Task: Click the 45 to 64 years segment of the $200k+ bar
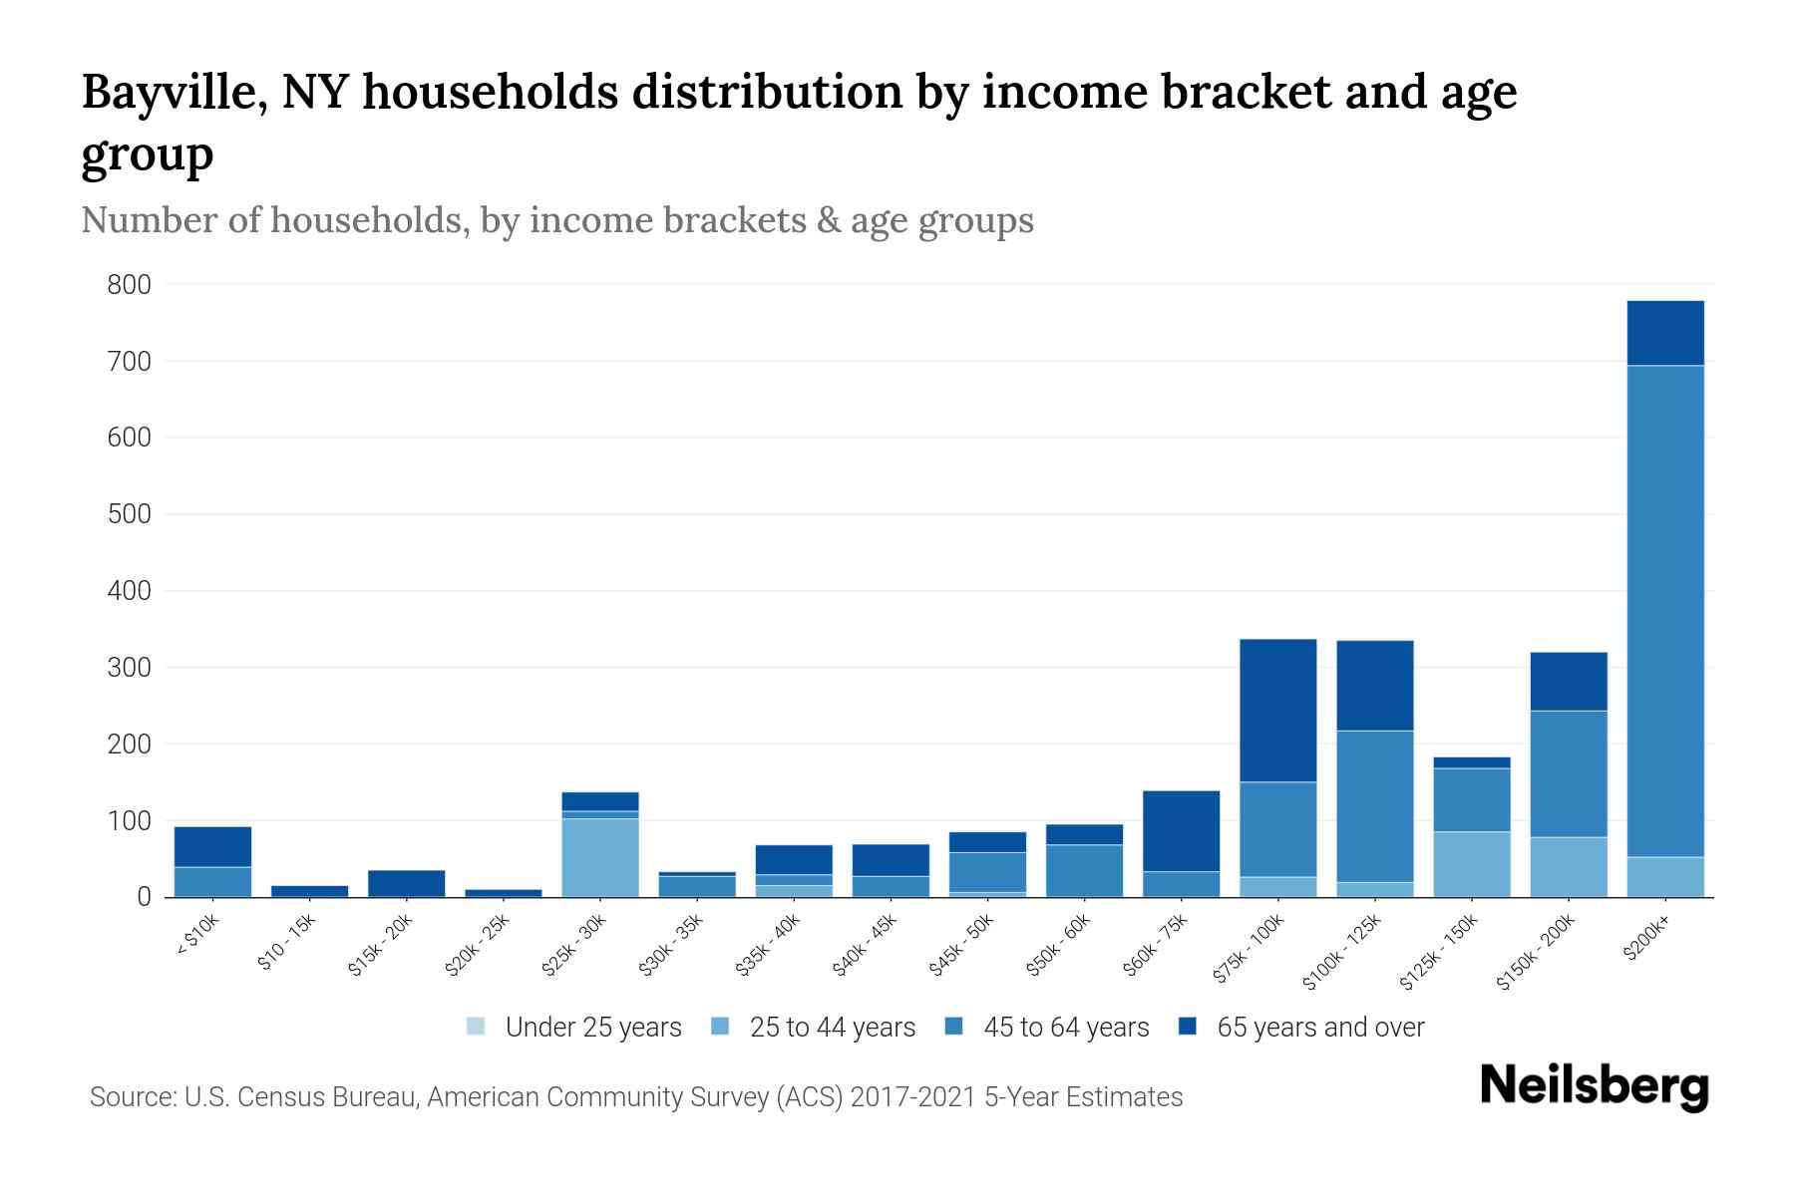click(x=1665, y=610)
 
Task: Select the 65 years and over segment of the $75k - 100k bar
click(x=1277, y=710)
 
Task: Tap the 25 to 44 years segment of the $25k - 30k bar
click(x=599, y=857)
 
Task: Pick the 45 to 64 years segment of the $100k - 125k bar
click(x=1374, y=805)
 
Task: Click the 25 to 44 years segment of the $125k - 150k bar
click(x=1472, y=863)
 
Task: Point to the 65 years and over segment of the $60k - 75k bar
click(x=1181, y=830)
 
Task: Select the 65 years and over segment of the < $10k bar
click(x=212, y=846)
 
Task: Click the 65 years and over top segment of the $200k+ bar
click(x=1665, y=333)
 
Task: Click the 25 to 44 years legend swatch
click(x=721, y=1027)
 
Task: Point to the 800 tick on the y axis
click(x=129, y=285)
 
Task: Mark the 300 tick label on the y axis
click(x=129, y=668)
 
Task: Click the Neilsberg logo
click(x=1594, y=1086)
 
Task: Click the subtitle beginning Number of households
click(x=556, y=220)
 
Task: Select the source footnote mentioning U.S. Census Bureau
click(x=635, y=1097)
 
